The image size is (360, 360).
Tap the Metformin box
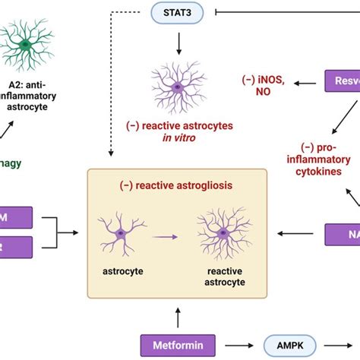coord(177,343)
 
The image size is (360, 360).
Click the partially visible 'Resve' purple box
coord(342,81)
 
